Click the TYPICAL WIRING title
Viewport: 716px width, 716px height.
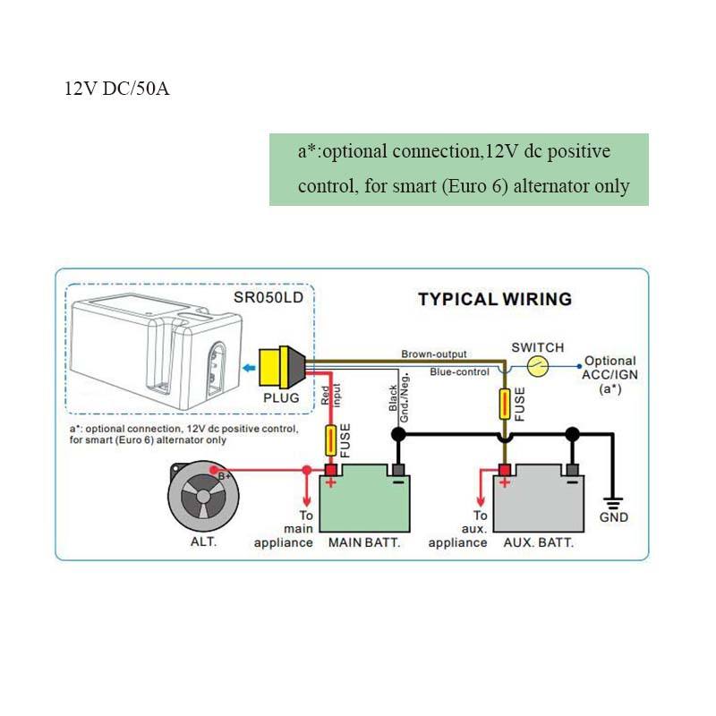pos(495,299)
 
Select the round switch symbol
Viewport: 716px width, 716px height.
pos(536,365)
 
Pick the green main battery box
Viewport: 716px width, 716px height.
pos(363,503)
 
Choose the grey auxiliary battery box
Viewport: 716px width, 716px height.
pos(538,503)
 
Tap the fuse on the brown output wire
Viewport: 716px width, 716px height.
pos(506,404)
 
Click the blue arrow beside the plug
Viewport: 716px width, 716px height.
pos(246,366)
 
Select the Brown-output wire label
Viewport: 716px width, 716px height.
pos(433,354)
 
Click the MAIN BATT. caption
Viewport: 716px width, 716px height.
pos(363,543)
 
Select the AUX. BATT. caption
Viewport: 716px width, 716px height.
pos(538,543)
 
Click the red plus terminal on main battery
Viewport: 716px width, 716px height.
pos(330,471)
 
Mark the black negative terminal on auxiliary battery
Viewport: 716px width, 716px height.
pos(572,470)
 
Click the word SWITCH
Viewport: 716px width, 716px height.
pos(537,347)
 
